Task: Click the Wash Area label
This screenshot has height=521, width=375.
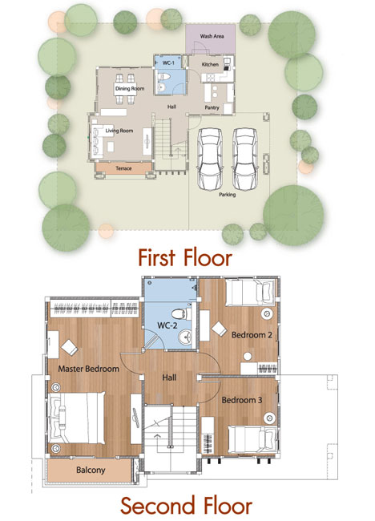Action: click(212, 36)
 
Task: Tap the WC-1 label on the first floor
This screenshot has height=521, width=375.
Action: click(168, 63)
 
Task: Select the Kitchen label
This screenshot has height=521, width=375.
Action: click(210, 64)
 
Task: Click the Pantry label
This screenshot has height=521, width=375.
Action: click(212, 107)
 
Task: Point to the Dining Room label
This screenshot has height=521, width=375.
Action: click(130, 88)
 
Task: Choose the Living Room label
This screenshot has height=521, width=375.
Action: click(119, 131)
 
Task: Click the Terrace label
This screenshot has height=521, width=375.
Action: click(123, 168)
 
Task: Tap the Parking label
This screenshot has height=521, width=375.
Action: click(228, 195)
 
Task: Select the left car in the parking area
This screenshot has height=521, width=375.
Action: click(210, 160)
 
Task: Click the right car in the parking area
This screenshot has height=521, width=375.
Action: click(245, 160)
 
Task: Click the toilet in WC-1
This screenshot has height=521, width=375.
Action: click(163, 77)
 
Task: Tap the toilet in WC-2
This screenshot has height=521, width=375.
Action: click(181, 313)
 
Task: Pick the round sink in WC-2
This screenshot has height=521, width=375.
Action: click(185, 337)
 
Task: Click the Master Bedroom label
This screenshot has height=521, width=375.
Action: click(88, 369)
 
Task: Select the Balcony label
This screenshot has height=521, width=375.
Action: click(91, 470)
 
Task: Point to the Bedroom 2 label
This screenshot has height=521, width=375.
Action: click(252, 334)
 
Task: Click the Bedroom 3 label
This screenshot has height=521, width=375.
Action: click(242, 400)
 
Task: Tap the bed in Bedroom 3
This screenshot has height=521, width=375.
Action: click(252, 439)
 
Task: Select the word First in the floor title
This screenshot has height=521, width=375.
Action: click(156, 258)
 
